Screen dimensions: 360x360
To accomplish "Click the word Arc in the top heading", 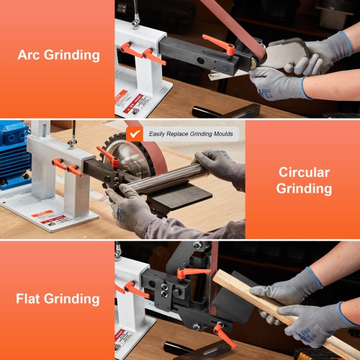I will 33,54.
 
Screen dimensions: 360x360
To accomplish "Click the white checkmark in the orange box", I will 134,133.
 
